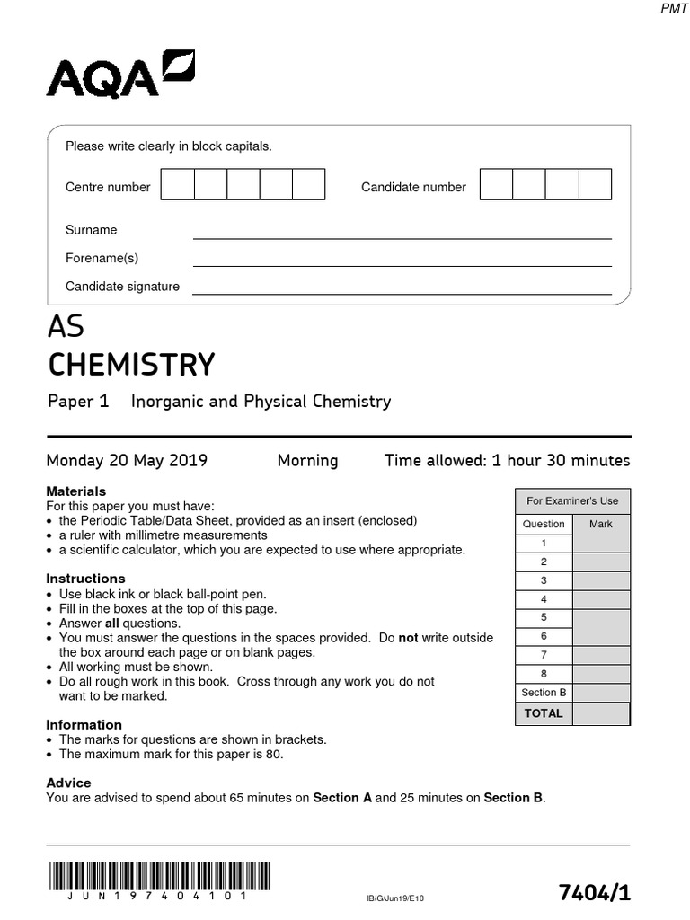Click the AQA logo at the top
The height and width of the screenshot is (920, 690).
tap(120, 75)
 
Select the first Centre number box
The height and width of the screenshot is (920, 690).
tap(177, 184)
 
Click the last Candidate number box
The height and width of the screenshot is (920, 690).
tap(595, 184)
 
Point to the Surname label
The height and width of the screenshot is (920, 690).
tap(91, 230)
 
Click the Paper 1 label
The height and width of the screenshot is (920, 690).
tap(78, 402)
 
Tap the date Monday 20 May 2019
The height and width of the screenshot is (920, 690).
tap(127, 461)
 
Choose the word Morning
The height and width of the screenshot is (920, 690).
tap(307, 461)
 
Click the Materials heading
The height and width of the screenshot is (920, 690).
tap(75, 491)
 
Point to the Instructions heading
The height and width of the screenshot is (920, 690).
tap(85, 579)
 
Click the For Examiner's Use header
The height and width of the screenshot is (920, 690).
tap(572, 500)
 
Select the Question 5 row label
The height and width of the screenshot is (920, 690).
tap(544, 617)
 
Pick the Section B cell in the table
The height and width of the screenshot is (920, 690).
tap(544, 692)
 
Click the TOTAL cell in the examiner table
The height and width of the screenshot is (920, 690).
tap(544, 713)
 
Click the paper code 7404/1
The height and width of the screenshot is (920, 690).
tap(594, 892)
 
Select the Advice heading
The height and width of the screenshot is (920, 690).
tap(68, 783)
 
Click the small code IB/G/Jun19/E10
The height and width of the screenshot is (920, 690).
tap(394, 898)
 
